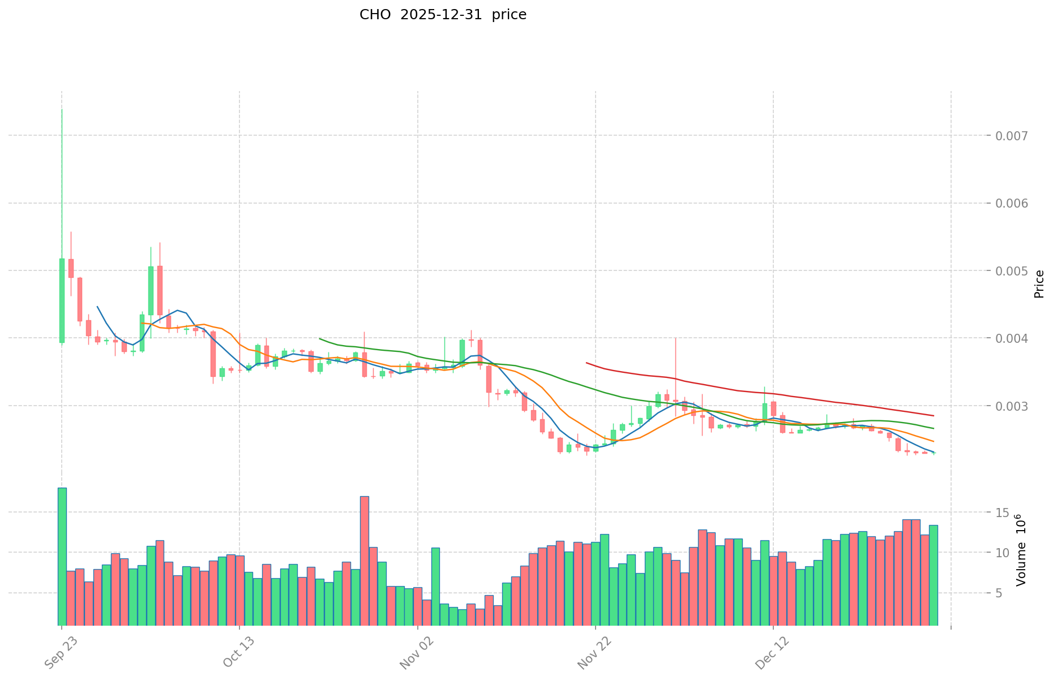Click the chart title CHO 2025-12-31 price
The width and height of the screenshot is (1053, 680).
click(x=443, y=15)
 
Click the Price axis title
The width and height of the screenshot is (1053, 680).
click(x=1039, y=284)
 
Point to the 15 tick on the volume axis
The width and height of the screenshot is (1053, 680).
click(x=1003, y=513)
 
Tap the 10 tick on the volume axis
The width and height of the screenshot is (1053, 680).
click(x=1003, y=553)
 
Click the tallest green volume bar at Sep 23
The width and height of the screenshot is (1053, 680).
click(x=62, y=554)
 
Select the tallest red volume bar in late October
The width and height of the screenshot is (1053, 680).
click(x=365, y=560)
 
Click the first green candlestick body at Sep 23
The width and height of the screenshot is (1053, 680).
click(x=62, y=300)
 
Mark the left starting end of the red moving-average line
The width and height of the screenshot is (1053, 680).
click(x=587, y=363)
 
